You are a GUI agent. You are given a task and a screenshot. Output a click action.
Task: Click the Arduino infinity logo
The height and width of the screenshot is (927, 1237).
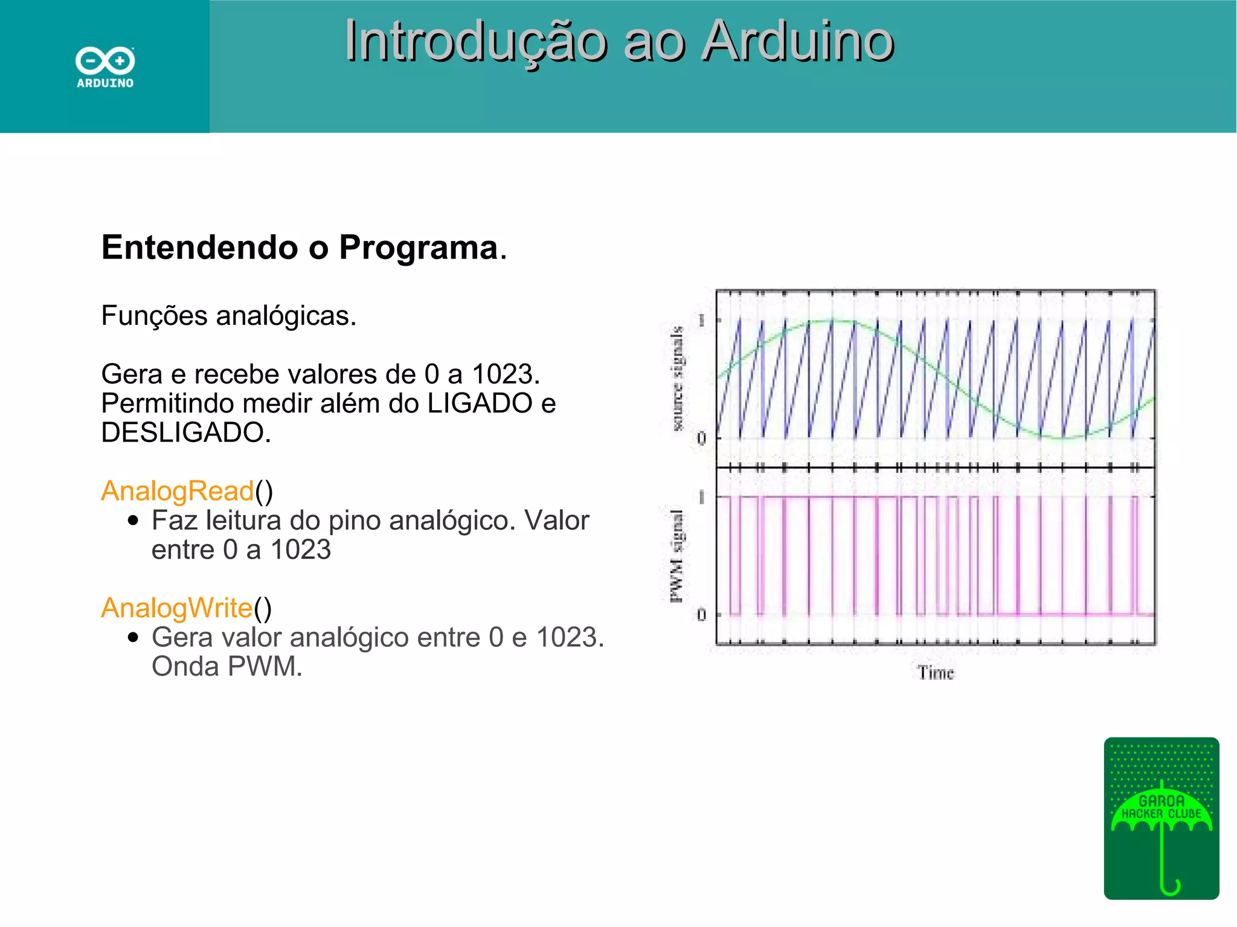[x=105, y=61]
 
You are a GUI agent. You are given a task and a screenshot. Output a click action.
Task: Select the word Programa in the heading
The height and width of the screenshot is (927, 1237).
[x=418, y=248]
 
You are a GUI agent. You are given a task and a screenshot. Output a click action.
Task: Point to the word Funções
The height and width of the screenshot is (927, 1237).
[x=154, y=316]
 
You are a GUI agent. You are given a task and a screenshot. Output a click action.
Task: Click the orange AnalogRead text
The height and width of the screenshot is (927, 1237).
[x=177, y=490]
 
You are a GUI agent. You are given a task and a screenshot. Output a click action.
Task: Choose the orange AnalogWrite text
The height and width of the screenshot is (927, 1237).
[x=176, y=608]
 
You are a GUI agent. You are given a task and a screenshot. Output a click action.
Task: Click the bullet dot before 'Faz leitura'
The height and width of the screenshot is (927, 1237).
[x=133, y=521]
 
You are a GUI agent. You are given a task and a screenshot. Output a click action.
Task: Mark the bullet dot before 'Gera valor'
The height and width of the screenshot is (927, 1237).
[x=133, y=638]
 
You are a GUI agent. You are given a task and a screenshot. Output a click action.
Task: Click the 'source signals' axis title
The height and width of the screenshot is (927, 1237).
[x=678, y=379]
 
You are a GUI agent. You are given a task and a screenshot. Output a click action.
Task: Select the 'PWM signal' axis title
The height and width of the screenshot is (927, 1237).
[x=676, y=556]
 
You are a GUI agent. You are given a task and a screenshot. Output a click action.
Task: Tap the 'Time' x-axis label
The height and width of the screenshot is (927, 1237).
[x=936, y=673]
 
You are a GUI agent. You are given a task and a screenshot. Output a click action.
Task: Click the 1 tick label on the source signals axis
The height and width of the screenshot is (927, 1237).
[x=701, y=320]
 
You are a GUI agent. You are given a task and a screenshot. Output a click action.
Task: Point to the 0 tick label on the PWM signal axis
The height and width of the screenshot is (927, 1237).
[x=701, y=615]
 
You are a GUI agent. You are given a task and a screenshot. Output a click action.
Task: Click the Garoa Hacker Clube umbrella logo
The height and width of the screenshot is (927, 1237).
[x=1161, y=818]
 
